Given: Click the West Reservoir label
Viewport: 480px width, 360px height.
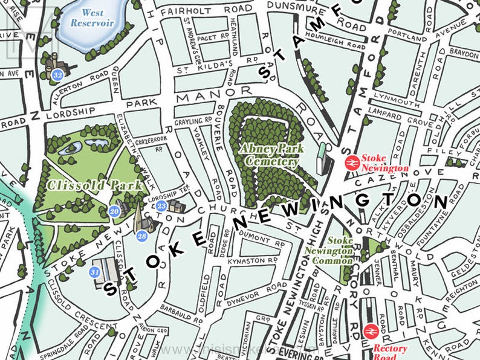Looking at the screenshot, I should pyautogui.click(x=92, y=18).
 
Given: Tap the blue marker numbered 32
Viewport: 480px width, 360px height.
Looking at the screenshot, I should pyautogui.click(x=58, y=75).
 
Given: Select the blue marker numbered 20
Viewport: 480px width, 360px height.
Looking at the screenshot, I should pyautogui.click(x=114, y=211).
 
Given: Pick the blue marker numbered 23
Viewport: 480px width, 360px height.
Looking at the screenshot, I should pyautogui.click(x=161, y=206).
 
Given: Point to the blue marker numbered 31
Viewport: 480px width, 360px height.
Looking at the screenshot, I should pyautogui.click(x=94, y=272).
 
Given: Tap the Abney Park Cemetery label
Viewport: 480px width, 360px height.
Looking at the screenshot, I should pyautogui.click(x=269, y=155).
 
